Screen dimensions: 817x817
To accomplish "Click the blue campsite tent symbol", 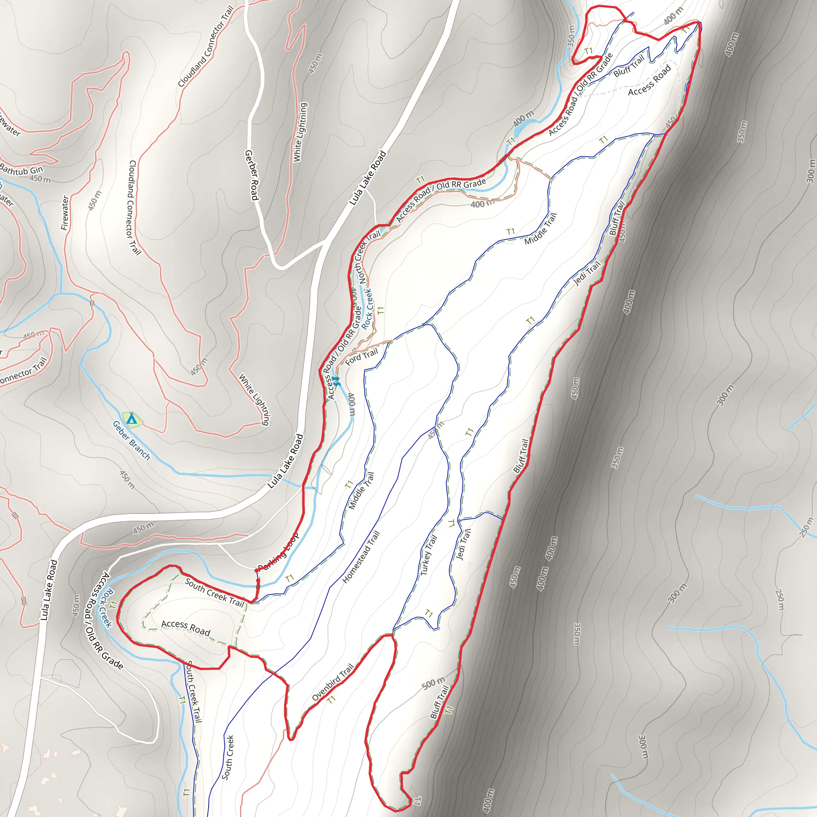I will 132,418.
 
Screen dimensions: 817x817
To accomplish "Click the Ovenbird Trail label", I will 332,683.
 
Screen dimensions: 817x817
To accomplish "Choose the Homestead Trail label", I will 361,557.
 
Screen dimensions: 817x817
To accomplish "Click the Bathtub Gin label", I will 21,170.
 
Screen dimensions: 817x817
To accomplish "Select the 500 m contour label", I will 434,683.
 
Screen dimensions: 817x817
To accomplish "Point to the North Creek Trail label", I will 369,257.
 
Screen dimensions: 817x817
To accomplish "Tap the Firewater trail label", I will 65,213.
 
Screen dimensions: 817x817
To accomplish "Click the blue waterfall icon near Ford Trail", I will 335,381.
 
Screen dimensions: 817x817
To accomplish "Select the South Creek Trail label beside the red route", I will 214,592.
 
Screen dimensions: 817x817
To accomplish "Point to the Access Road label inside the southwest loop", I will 186,628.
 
